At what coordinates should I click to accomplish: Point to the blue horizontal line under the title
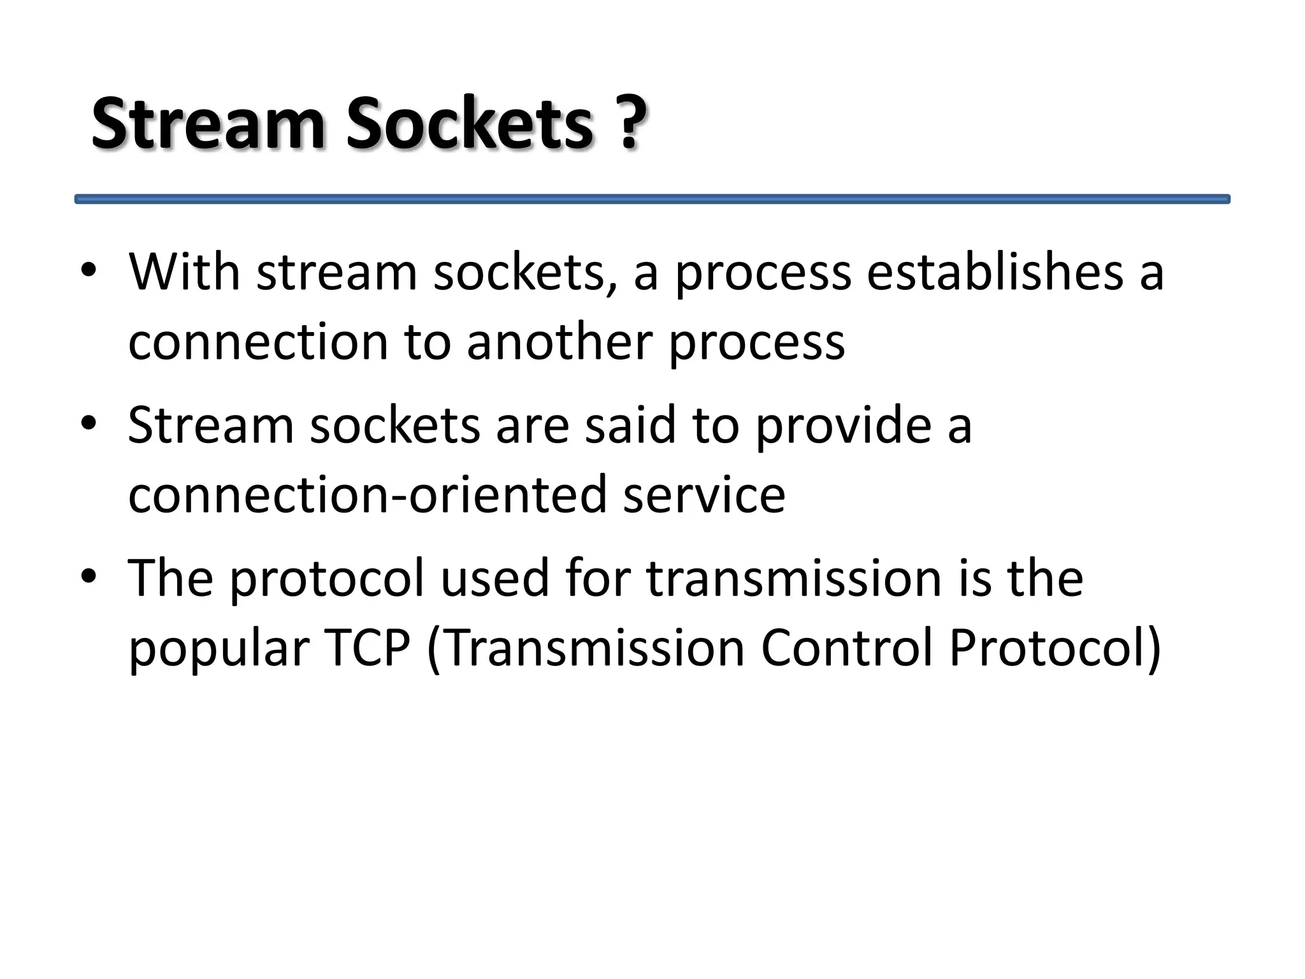point(652,199)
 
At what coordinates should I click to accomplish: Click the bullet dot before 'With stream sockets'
point(89,271)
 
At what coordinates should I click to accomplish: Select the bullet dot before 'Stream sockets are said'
point(89,423)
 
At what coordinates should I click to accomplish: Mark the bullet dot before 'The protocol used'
point(89,576)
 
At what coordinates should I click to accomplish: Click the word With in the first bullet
point(184,272)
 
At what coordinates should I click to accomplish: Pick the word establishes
point(995,272)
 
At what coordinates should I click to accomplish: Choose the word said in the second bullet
point(630,424)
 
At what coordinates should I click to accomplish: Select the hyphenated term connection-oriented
point(367,495)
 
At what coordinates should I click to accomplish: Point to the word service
point(704,495)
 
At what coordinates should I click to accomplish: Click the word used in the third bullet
point(494,577)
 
